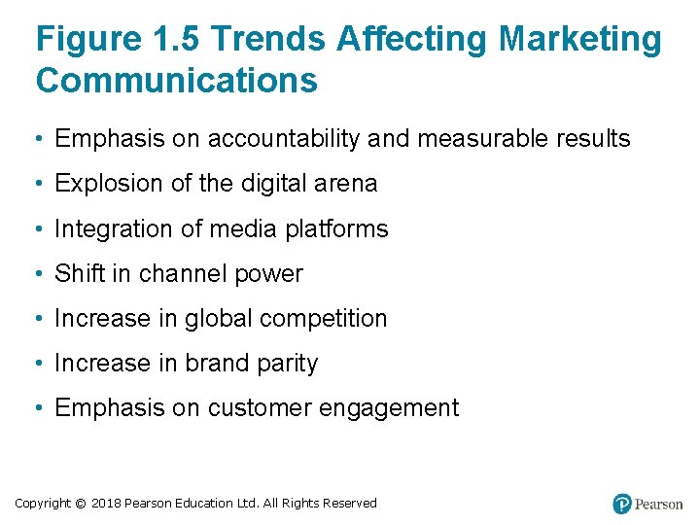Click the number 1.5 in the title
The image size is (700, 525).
tap(178, 39)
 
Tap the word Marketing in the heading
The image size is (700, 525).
tap(580, 39)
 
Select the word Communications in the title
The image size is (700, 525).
tap(176, 80)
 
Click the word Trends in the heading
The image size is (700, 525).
tap(267, 39)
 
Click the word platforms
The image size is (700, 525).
tap(337, 229)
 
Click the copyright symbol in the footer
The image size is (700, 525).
tap(80, 504)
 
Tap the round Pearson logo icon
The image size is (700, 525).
tap(622, 504)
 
